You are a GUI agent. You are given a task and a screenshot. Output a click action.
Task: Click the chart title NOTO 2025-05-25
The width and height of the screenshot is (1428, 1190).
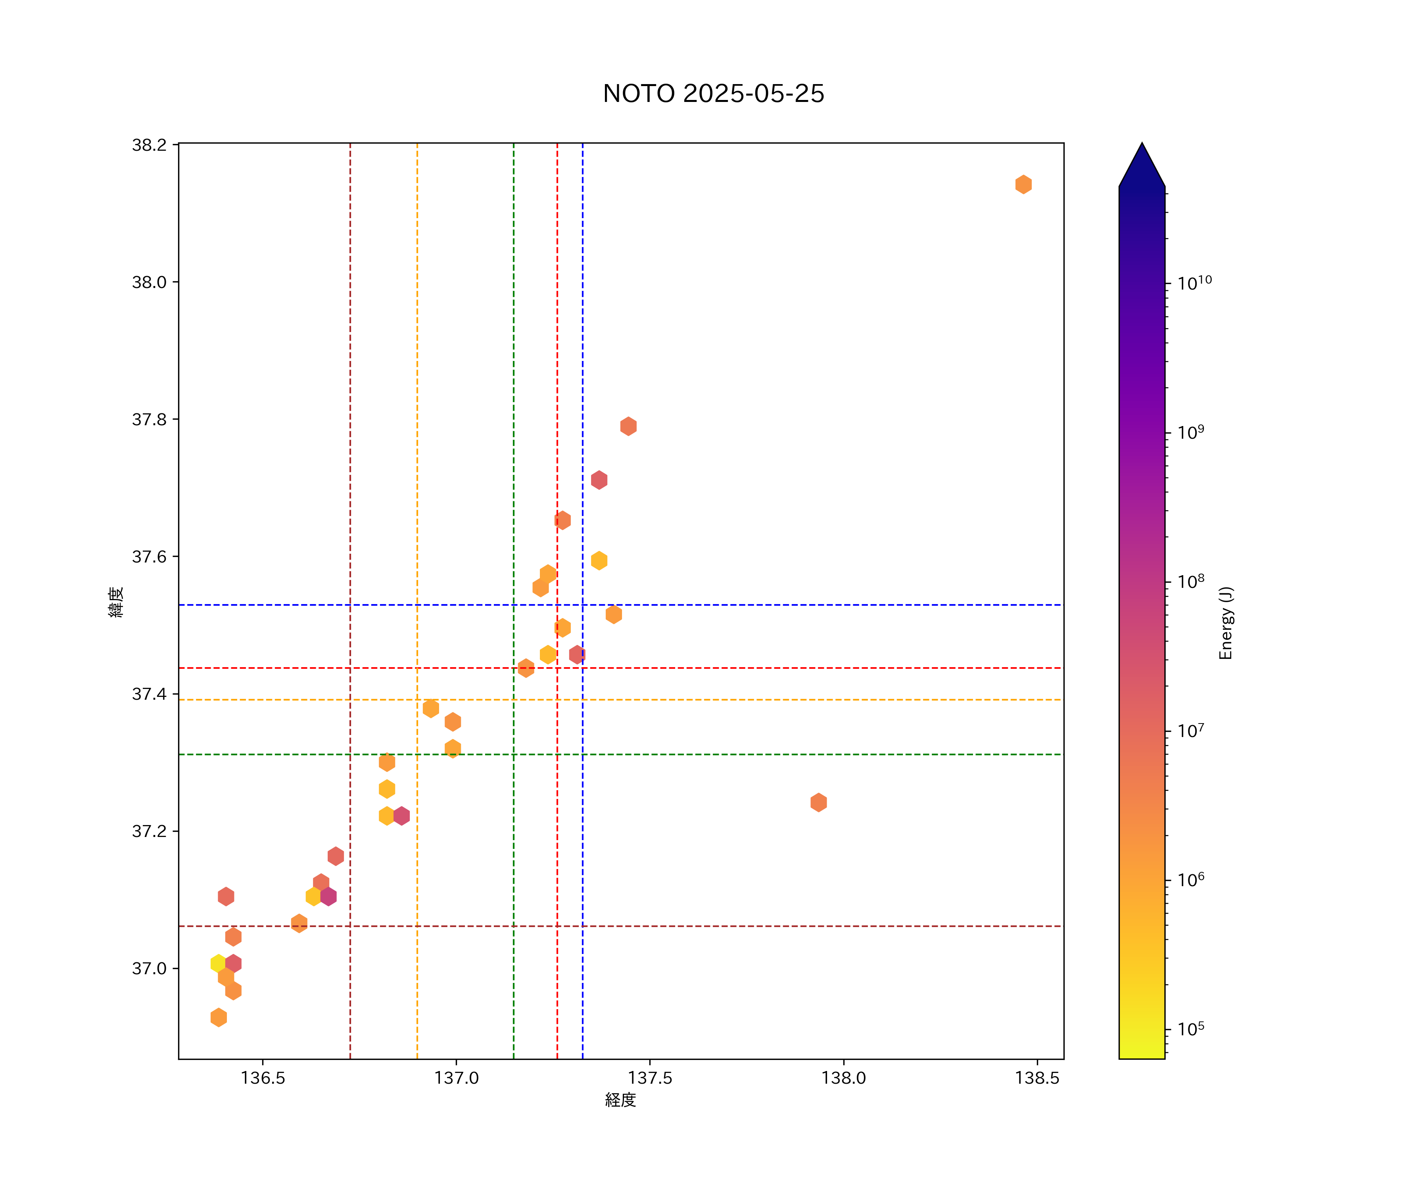click(x=713, y=93)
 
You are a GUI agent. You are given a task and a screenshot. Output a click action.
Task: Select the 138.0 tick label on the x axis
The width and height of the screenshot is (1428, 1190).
click(x=843, y=1078)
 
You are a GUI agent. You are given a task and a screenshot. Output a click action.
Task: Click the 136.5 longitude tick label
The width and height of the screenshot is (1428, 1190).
click(x=263, y=1078)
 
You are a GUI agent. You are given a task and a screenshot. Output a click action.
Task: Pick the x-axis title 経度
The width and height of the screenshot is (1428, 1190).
click(x=620, y=1100)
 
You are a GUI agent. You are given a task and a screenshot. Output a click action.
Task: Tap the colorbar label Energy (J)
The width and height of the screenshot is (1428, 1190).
click(x=1225, y=623)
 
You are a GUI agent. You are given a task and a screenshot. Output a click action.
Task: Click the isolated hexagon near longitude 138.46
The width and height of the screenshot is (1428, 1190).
click(x=1023, y=184)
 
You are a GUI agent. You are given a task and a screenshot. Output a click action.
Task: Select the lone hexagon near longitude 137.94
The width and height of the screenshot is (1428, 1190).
click(x=819, y=802)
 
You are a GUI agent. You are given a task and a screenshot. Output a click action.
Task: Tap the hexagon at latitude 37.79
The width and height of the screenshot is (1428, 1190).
click(x=628, y=426)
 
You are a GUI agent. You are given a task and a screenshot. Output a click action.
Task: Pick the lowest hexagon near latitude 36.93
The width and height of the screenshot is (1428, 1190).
click(x=218, y=1018)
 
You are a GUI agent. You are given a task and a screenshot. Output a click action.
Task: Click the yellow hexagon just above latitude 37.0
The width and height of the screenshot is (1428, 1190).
click(x=218, y=963)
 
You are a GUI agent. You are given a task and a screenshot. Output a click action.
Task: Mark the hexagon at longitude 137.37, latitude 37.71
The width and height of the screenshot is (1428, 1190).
click(x=599, y=480)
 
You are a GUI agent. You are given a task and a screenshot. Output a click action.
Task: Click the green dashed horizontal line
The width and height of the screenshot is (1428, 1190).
click(x=748, y=754)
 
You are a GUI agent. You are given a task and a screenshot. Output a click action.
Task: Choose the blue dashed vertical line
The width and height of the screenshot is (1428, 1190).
click(x=583, y=272)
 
